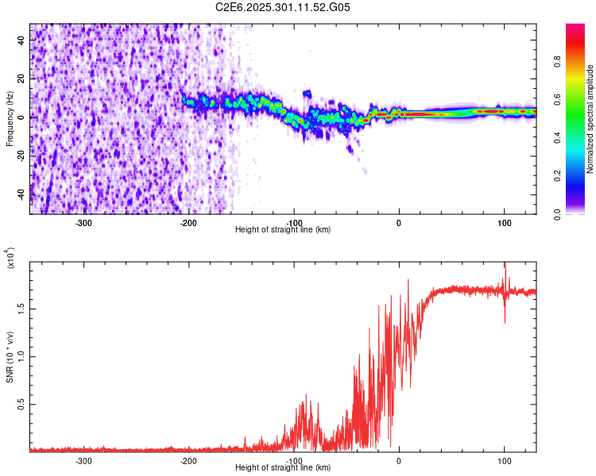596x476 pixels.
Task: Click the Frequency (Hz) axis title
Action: pos(10,119)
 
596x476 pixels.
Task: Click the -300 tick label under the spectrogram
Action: pos(84,222)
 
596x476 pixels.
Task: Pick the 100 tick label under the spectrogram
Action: pos(504,222)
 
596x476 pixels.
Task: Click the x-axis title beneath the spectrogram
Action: pos(283,229)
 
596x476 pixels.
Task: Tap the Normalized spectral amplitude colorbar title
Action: pos(590,119)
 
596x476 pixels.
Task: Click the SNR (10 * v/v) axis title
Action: pos(10,357)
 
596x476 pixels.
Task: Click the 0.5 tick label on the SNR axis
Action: pos(22,404)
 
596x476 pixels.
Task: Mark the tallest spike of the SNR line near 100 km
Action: pos(505,265)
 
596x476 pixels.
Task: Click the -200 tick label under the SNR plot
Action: pos(189,460)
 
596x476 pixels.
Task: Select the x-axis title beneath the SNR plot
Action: pos(283,467)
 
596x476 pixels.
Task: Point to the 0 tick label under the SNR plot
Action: pos(399,460)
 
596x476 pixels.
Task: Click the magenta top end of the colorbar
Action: pos(575,28)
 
